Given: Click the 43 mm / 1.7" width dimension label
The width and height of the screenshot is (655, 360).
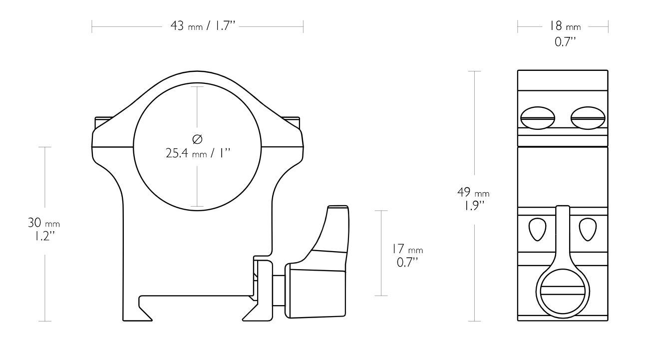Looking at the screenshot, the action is (x=203, y=26).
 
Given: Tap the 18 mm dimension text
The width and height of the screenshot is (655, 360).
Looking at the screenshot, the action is (x=564, y=26).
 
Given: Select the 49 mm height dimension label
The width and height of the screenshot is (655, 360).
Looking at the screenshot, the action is (x=473, y=192).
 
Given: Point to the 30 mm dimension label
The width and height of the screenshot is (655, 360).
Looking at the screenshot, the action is (x=44, y=223).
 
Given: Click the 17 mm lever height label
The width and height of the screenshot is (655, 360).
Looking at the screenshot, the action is (x=407, y=249).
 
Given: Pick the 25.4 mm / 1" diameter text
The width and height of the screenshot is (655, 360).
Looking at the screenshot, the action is (x=198, y=153).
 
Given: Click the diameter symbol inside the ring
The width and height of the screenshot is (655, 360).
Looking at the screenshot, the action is (x=197, y=139).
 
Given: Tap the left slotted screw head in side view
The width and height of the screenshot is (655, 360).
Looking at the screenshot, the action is (x=538, y=118).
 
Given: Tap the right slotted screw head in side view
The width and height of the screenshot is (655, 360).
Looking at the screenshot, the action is (x=588, y=118).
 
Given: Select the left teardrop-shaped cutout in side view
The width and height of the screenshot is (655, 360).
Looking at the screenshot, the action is (x=538, y=229).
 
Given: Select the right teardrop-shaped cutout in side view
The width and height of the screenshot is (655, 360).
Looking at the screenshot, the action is (x=588, y=229).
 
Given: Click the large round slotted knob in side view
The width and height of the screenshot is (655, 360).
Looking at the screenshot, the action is (x=563, y=293).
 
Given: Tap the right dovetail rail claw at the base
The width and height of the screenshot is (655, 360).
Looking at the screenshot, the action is (x=250, y=312).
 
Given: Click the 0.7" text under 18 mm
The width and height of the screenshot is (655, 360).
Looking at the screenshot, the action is (x=565, y=42).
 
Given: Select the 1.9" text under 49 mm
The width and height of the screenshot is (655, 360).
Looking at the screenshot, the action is (x=473, y=206).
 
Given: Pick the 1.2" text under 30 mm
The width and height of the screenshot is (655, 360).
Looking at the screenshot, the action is (x=44, y=236).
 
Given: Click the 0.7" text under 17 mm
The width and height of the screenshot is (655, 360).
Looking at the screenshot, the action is (x=407, y=262).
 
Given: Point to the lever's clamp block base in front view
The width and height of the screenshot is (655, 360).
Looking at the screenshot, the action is (x=315, y=293).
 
